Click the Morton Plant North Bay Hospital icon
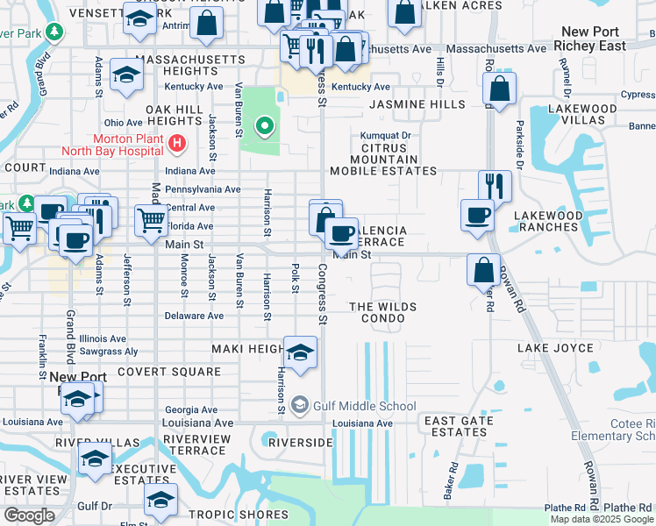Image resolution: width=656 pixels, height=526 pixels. point(178,143)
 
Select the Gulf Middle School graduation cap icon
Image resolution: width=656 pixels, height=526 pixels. point(300,405)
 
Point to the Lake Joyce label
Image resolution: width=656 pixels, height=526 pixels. point(556,348)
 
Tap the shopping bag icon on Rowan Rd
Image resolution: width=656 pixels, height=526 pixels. point(483,270)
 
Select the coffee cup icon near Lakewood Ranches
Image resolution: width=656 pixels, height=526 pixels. point(478,215)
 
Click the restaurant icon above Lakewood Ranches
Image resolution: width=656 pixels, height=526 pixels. point(495,186)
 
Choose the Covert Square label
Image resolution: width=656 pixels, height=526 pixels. point(169,372)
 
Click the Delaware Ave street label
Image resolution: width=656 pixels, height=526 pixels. point(194,316)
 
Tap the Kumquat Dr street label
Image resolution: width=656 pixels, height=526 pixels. point(385,137)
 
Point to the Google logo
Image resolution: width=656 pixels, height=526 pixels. point(28,515)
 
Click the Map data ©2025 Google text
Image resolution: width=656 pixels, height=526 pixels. point(601,519)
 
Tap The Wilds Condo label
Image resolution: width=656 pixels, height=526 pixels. point(382,312)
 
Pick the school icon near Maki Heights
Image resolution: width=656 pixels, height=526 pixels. point(300,352)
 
